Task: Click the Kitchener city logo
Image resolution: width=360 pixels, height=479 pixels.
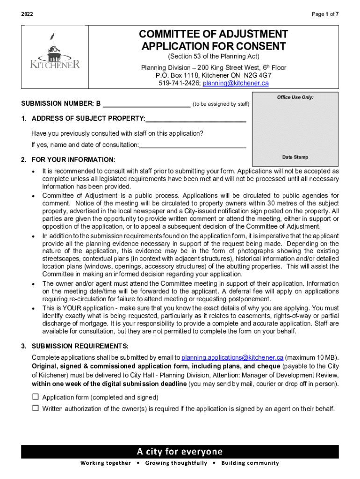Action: (55, 52)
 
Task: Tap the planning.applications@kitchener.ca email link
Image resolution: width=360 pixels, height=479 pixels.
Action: (232, 358)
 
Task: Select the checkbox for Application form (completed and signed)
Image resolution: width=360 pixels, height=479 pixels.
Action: (35, 397)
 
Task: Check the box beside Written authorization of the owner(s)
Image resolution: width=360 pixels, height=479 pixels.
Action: (35, 408)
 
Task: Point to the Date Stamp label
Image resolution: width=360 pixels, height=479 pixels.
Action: (295, 157)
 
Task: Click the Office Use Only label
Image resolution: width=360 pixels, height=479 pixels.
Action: (295, 97)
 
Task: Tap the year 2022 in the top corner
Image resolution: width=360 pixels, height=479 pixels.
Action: (28, 15)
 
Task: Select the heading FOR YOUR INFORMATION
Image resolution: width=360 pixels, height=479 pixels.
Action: (73, 160)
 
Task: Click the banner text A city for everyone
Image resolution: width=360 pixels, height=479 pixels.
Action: (180, 451)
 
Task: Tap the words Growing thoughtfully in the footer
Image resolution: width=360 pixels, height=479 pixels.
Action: (176, 463)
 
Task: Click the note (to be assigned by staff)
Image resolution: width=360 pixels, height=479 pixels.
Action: (221, 104)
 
